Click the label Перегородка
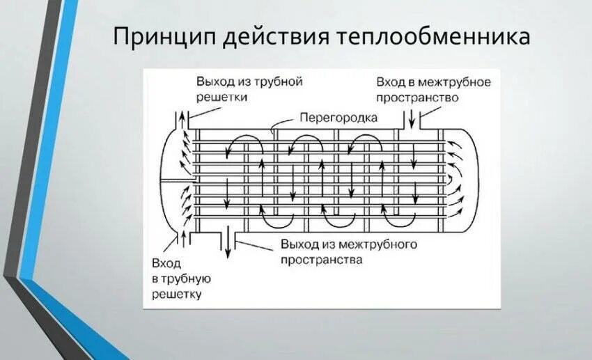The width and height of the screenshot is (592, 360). coord(338,118)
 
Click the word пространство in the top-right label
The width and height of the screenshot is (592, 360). coord(417,97)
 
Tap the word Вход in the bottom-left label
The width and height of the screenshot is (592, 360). coord(166,263)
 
